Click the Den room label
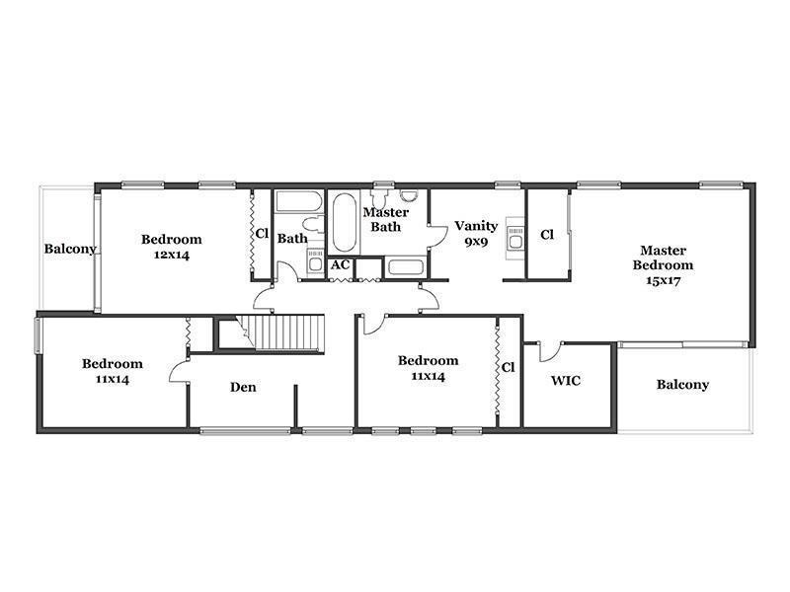243,387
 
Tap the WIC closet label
565,380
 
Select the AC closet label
340,264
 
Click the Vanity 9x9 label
476,234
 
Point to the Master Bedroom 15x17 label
663,265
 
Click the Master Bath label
386,219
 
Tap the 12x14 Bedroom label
171,247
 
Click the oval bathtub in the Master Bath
345,222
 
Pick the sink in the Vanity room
514,239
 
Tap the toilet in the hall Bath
313,224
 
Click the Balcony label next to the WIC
682,385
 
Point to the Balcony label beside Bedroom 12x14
70,249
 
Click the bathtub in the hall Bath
299,201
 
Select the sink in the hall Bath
315,260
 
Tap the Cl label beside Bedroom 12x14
262,234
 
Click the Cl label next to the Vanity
547,235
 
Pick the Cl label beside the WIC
508,367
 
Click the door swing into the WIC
550,352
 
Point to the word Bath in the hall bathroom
292,238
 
